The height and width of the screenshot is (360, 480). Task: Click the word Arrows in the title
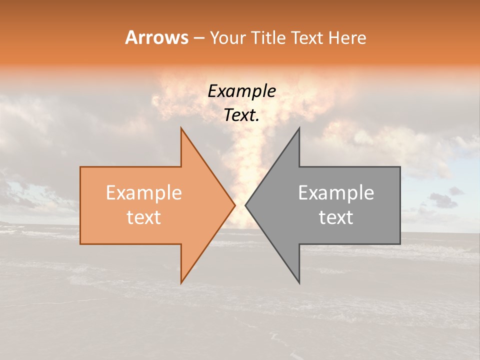(x=157, y=37)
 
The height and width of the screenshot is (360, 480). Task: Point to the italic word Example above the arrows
(x=241, y=91)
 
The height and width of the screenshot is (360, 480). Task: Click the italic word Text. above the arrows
(x=241, y=115)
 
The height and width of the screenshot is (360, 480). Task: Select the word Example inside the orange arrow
(x=143, y=193)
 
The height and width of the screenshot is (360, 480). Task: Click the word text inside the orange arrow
(x=143, y=217)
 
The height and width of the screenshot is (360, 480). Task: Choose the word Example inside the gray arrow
(x=336, y=193)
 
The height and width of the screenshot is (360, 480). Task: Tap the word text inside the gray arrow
(x=336, y=217)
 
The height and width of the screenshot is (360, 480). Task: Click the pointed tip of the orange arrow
(x=234, y=205)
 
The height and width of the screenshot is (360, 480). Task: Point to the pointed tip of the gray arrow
(x=246, y=205)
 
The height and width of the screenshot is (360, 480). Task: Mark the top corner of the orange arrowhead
(x=181, y=128)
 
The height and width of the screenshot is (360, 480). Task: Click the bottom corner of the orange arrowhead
(x=181, y=282)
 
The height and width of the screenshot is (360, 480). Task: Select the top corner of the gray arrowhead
(x=299, y=128)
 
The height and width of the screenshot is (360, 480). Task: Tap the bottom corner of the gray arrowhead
(x=299, y=282)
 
